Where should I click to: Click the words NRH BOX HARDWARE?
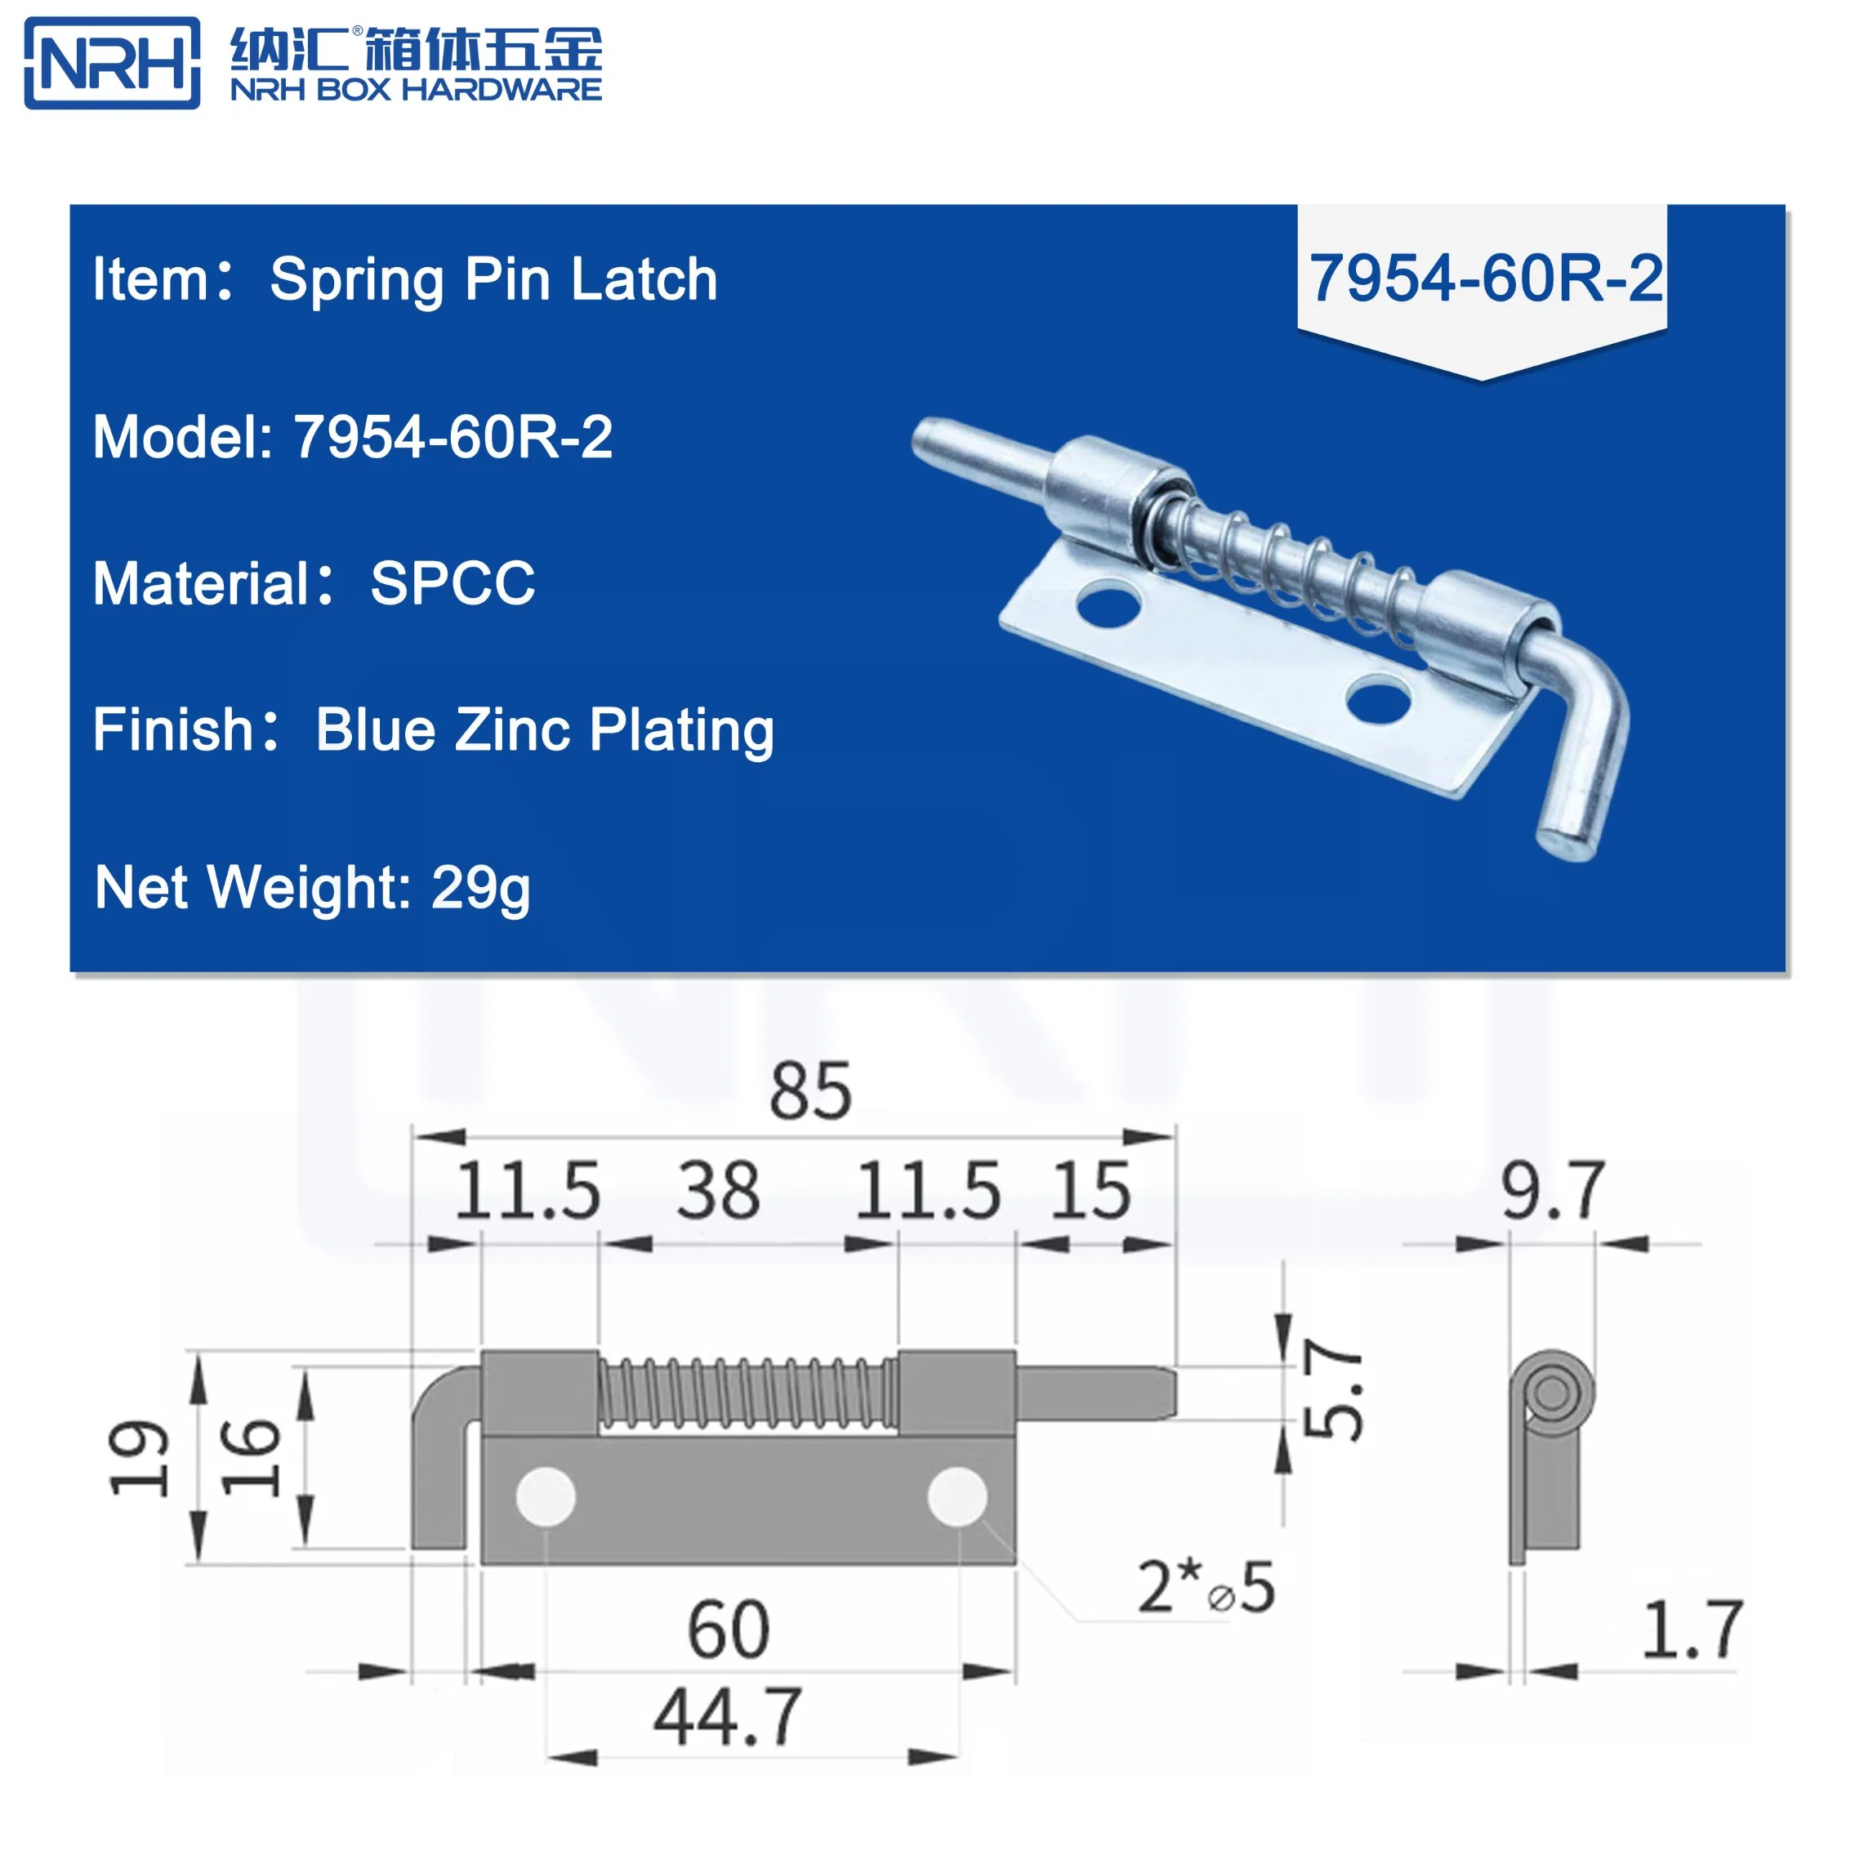coord(415,89)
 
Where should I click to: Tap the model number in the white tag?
coord(1485,279)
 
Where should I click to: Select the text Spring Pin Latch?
coord(493,279)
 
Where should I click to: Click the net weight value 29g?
coord(480,887)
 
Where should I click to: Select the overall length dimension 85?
coord(809,1092)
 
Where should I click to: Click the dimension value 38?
coord(718,1192)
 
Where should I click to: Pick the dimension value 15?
coord(1090,1192)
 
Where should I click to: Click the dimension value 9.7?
coord(1553,1192)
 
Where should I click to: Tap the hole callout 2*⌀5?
coord(1206,1587)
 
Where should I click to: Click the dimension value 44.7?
coord(728,1718)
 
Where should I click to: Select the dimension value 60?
coord(728,1630)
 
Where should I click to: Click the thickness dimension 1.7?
coord(1692,1630)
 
